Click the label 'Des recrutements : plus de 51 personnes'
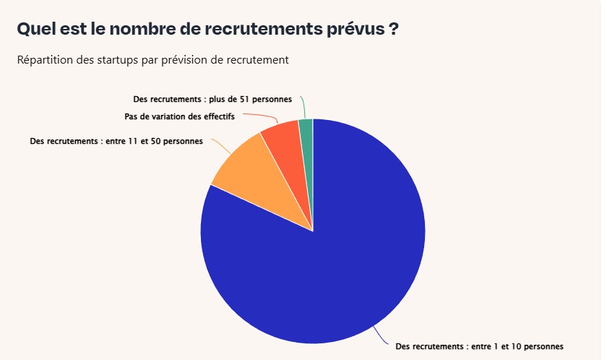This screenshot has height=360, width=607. coord(212,99)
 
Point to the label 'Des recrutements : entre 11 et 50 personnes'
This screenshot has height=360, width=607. coord(116,141)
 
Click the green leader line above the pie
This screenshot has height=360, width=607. coord(303,107)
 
